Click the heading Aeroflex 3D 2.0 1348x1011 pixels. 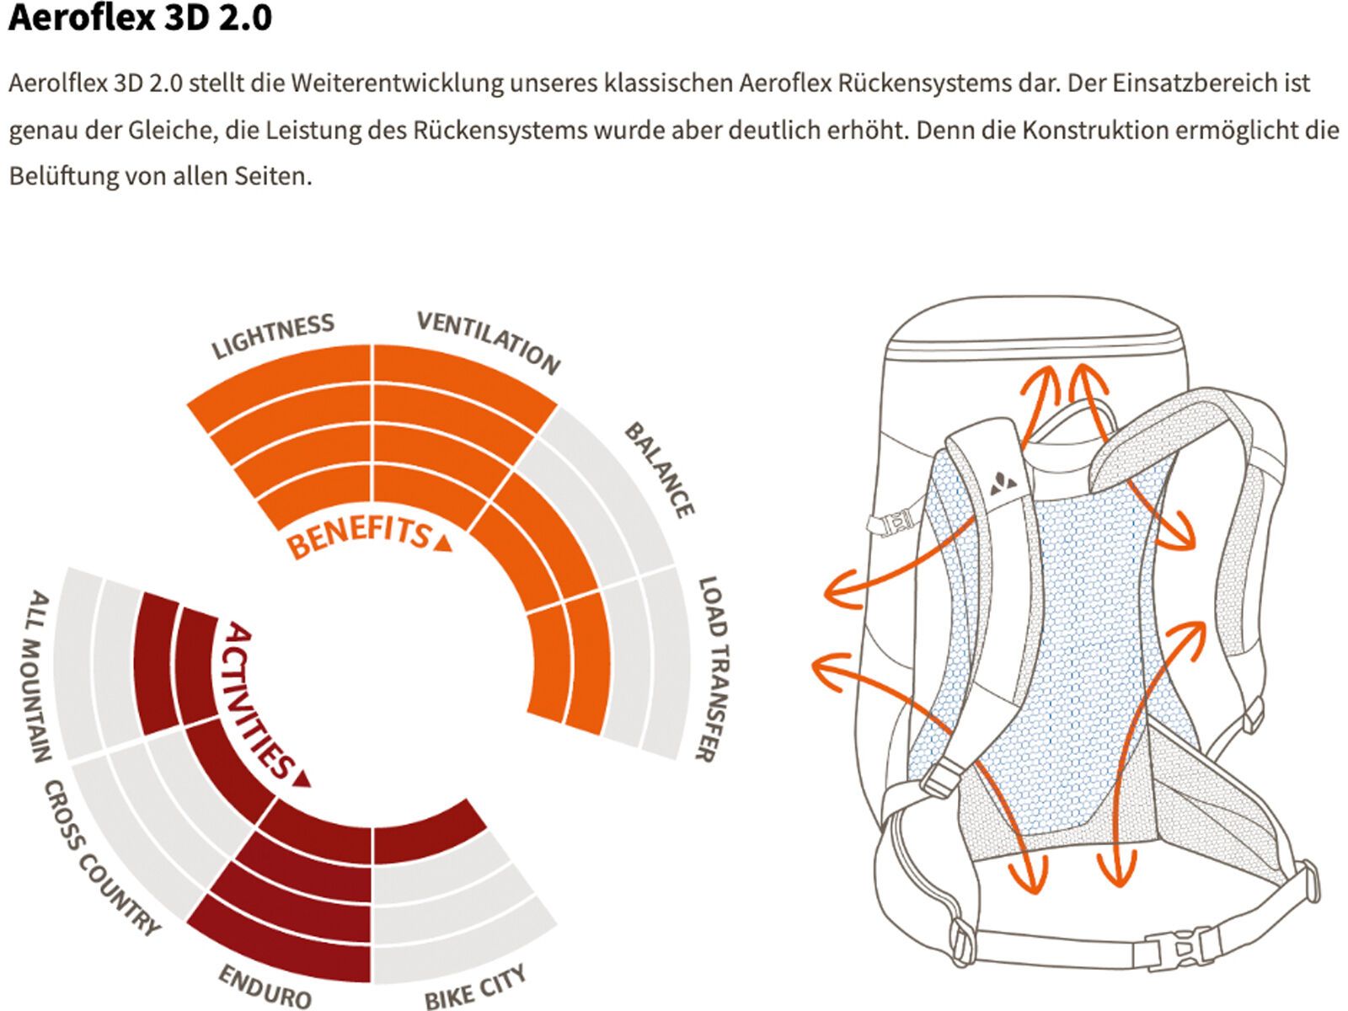coord(140,19)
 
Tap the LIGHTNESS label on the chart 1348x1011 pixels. coord(272,336)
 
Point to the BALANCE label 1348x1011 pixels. coord(660,470)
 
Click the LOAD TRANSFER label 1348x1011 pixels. coord(712,670)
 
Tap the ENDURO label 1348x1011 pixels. coord(265,987)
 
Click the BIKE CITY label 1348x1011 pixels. coord(476,987)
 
